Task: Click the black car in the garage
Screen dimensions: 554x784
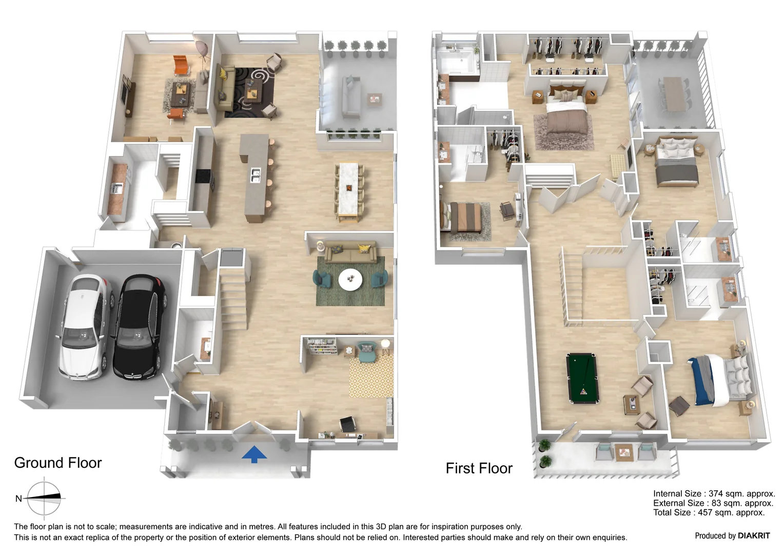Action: click(138, 327)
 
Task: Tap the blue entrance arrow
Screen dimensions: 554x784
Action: click(254, 454)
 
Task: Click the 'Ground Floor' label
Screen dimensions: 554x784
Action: click(58, 463)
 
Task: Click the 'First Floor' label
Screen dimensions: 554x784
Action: click(479, 468)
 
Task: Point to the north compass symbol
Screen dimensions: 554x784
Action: click(44, 497)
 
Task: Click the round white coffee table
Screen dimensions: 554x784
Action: click(350, 280)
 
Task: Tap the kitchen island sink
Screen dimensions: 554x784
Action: click(255, 175)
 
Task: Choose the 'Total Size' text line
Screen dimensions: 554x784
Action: click(709, 512)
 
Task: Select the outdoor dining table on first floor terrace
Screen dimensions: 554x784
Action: click(673, 94)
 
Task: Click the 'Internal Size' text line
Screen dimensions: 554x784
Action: click(714, 494)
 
